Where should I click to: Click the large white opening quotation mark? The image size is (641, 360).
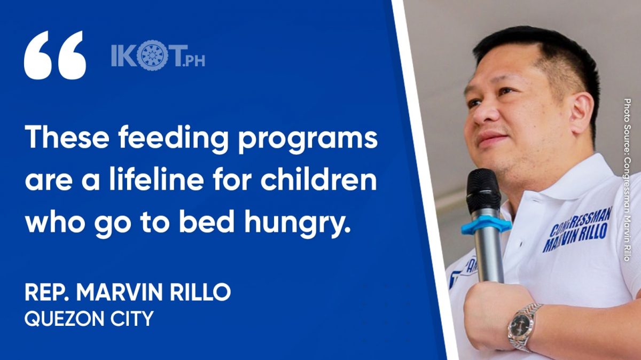coord(55,55)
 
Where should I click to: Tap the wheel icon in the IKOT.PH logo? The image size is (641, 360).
coord(148,57)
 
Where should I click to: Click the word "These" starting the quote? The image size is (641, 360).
coord(67,138)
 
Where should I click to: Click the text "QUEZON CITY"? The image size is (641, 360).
coord(89,319)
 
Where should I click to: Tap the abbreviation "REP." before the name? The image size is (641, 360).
coord(47,293)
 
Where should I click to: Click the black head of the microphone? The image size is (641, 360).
coord(483,190)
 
